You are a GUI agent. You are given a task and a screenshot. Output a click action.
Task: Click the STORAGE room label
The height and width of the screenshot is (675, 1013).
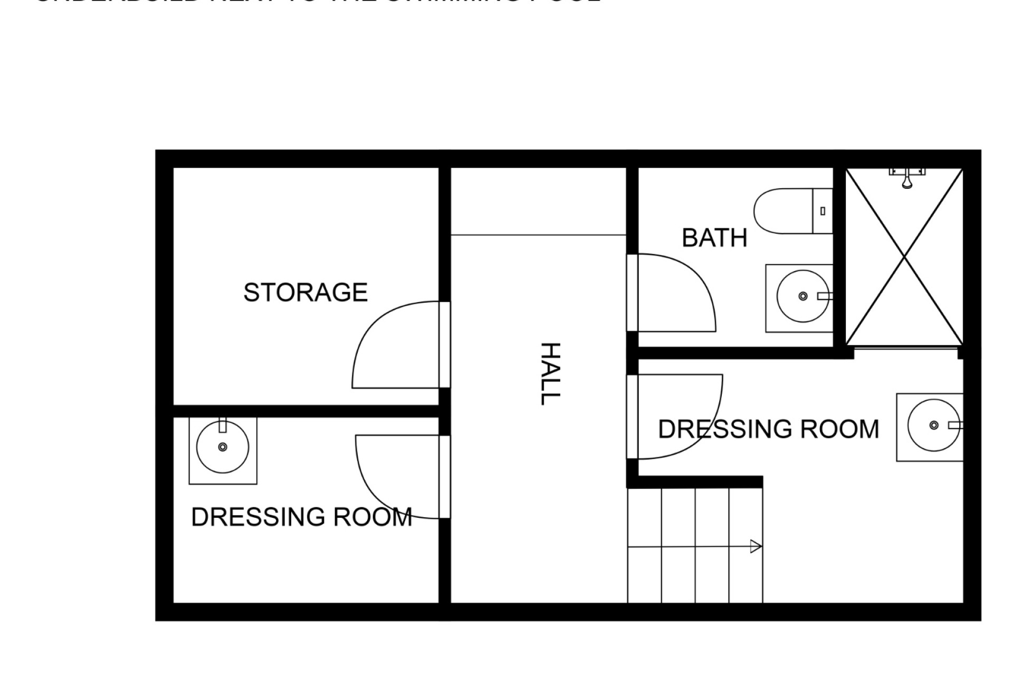(x=305, y=293)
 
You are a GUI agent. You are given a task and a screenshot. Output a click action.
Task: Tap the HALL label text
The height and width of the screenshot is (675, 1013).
(x=550, y=373)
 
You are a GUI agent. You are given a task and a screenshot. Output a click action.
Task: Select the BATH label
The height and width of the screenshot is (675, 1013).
(x=714, y=238)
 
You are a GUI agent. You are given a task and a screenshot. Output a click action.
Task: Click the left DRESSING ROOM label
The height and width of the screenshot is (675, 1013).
(x=301, y=517)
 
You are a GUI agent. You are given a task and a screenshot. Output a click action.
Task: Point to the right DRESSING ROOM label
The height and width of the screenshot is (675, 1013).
(x=768, y=429)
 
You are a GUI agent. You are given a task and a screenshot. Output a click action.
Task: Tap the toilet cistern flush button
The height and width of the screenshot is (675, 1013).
(x=823, y=211)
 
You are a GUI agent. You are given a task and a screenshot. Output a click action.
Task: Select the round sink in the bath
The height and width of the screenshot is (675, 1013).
(x=802, y=297)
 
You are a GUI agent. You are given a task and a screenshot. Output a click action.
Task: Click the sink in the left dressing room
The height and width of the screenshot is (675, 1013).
(x=223, y=447)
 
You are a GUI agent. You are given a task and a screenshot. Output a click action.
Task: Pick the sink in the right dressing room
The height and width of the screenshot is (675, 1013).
(x=933, y=425)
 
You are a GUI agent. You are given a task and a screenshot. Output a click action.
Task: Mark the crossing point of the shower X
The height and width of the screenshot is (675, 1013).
(x=905, y=257)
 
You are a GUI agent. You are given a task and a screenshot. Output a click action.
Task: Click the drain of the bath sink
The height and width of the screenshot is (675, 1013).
(x=802, y=296)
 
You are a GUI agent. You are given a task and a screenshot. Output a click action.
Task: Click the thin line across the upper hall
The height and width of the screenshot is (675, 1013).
(x=538, y=235)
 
